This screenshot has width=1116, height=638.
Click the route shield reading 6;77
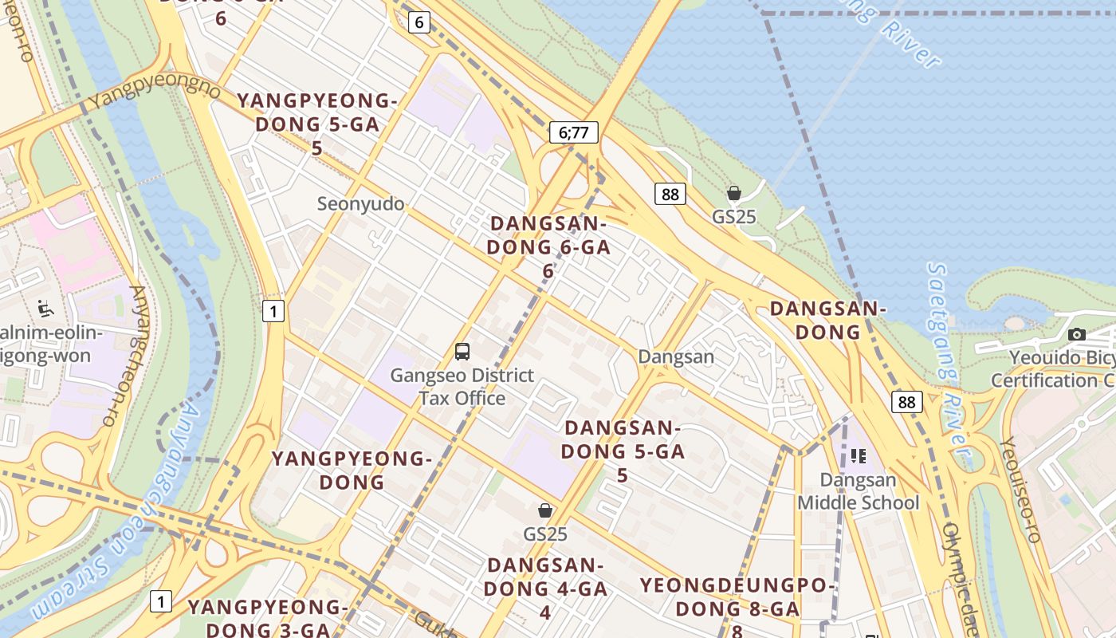coord(573,132)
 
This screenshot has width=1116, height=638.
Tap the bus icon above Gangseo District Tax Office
coord(462,351)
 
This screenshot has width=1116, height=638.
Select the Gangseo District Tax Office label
coord(462,387)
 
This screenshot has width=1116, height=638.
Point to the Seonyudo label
coord(360,204)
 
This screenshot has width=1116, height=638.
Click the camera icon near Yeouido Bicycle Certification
coord(1077,334)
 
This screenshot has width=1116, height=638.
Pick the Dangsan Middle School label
coord(858,491)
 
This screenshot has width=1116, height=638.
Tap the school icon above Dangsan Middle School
coord(858,456)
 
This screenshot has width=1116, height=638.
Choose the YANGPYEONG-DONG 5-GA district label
coord(316,124)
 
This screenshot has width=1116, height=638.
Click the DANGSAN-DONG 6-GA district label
coord(548,246)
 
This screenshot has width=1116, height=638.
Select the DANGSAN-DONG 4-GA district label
coord(547,589)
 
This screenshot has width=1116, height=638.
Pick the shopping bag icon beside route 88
coord(733,193)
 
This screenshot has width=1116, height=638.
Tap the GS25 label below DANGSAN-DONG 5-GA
coord(545,534)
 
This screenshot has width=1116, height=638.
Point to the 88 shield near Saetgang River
coord(906,402)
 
